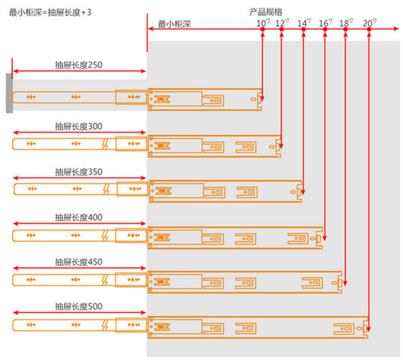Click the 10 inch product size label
coord(262,23)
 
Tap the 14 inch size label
coord(304,23)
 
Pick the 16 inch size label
coord(325,23)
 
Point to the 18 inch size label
coord(346,23)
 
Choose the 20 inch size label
coord(369,23)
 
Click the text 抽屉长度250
coord(78,65)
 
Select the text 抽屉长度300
coord(78,126)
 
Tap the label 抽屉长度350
coord(78,172)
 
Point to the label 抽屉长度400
coord(78,218)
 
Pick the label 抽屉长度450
coord(78,262)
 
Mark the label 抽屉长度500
coord(78,307)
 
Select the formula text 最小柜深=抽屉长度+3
coord(50,11)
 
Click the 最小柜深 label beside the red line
coord(175,25)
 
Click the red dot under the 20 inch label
coord(369,30)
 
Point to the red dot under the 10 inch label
coord(262,30)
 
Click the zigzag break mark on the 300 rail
coord(107,143)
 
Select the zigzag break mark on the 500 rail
coord(107,325)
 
